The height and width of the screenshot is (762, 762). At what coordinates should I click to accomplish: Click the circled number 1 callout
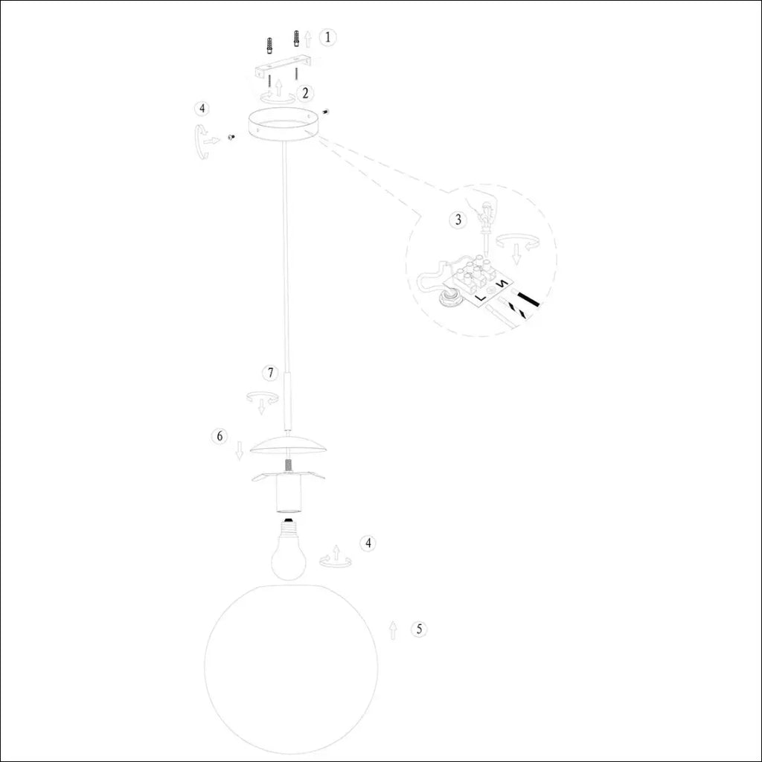click(327, 37)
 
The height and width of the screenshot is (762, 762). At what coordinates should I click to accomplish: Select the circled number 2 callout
click(304, 93)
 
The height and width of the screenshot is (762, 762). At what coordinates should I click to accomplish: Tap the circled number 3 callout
click(458, 220)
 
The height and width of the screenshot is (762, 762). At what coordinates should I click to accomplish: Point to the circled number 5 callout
click(419, 630)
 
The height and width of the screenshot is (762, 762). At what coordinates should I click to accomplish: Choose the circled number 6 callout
click(220, 436)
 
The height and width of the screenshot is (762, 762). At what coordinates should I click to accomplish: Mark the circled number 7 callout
click(270, 374)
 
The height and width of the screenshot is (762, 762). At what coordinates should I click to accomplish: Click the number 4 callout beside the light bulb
click(368, 542)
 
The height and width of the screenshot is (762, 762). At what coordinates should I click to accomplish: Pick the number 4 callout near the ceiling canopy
click(202, 109)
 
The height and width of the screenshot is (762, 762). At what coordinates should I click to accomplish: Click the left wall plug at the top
click(269, 46)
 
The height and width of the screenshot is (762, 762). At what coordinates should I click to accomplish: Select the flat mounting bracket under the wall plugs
click(284, 67)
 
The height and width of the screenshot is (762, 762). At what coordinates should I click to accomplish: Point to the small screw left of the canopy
click(231, 138)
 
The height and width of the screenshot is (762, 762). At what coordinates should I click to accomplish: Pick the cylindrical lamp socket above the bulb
click(288, 494)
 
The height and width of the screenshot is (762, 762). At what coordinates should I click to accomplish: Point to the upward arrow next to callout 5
click(393, 630)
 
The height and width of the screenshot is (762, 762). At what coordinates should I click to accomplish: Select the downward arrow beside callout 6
click(239, 450)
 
